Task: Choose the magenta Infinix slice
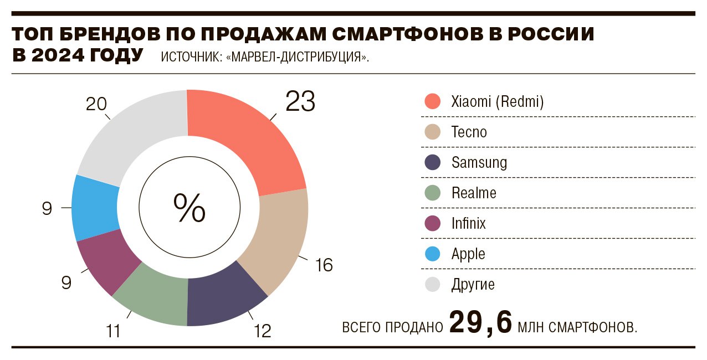coord(108,260)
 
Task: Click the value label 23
coord(300,101)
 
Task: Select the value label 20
coord(96,104)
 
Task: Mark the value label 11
coord(113,331)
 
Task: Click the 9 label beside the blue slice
coord(47,209)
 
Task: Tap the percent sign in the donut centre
coord(189,208)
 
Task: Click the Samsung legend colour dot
coord(432,162)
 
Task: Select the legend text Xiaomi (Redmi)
coord(498,102)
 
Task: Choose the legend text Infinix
coord(468,224)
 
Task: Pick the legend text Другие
coord(473,285)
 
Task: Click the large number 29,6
coord(480,322)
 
